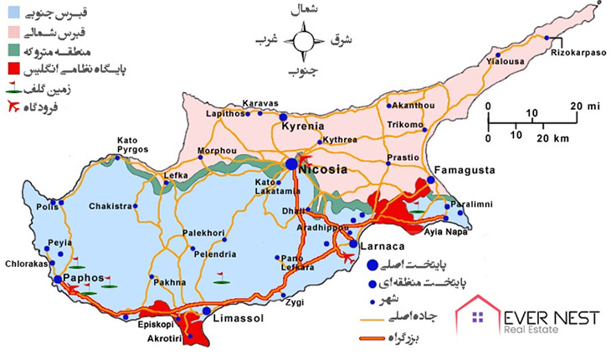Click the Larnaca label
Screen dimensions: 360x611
(x=383, y=247)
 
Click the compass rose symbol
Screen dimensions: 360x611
(x=300, y=40)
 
